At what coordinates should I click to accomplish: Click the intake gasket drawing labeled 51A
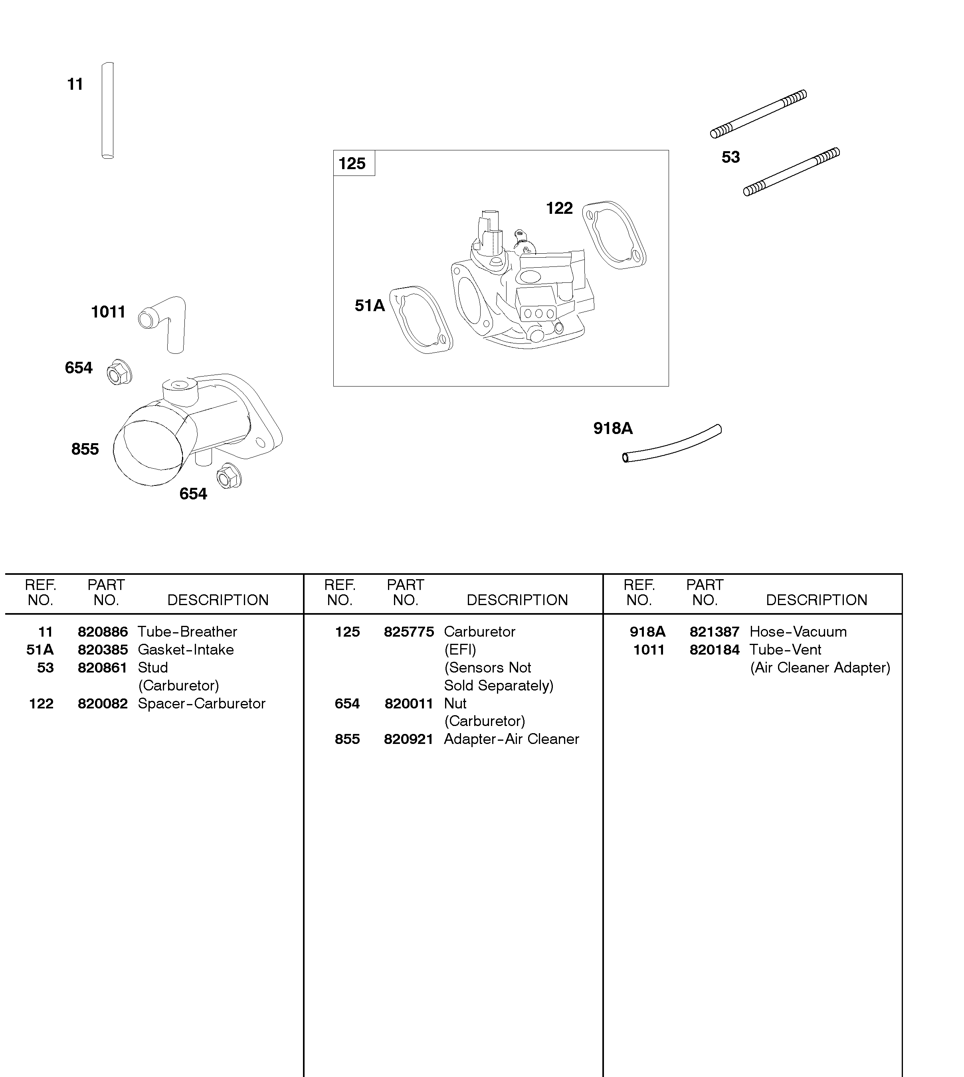(x=421, y=321)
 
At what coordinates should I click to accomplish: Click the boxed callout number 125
(x=352, y=164)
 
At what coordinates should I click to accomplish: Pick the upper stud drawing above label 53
(x=758, y=114)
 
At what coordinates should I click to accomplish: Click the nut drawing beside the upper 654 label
(x=119, y=373)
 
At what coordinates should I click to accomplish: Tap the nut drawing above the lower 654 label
(x=229, y=476)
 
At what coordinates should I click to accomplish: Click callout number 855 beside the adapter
(x=85, y=449)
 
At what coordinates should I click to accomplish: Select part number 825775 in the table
(x=408, y=632)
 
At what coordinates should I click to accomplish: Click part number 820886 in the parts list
(x=103, y=632)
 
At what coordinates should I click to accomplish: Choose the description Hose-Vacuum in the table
(x=798, y=632)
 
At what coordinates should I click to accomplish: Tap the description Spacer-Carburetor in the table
(x=201, y=704)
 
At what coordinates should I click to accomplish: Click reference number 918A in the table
(x=647, y=632)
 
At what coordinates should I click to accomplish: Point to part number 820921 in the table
(x=408, y=740)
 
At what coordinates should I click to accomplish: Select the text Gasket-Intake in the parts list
(x=185, y=650)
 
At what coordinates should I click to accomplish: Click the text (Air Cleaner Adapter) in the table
(x=820, y=668)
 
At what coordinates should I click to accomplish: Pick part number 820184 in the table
(x=714, y=650)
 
